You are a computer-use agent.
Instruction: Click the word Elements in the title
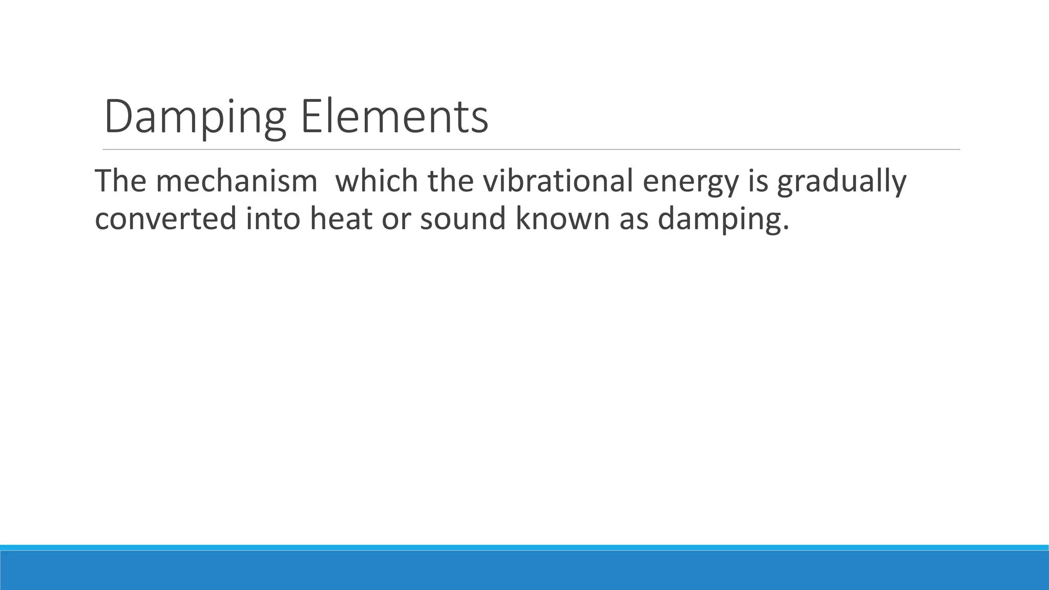394,118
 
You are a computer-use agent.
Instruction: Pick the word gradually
842,182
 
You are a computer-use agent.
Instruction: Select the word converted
165,218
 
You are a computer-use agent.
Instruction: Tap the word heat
341,218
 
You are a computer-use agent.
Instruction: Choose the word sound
463,218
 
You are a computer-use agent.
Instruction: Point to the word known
562,218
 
